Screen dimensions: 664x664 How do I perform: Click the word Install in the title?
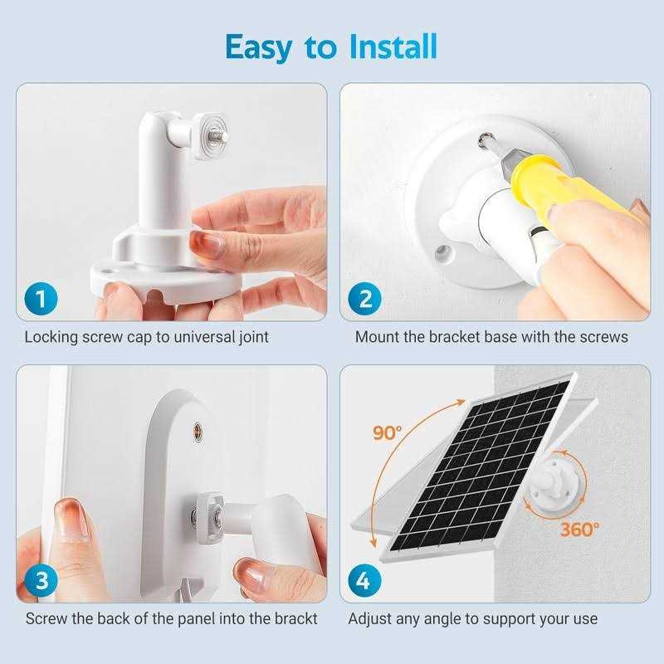tap(393, 46)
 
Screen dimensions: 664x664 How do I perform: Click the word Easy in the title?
tap(259, 48)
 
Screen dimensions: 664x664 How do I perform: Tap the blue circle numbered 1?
tap(41, 299)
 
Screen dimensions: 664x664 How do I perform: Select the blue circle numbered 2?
tap(364, 299)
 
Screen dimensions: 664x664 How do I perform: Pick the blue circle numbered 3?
tap(41, 580)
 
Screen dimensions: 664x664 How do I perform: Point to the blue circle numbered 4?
tap(364, 580)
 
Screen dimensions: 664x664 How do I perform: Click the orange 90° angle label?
tap(387, 432)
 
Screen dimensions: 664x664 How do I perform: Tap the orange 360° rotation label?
tap(579, 530)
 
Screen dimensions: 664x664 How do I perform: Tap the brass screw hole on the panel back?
tap(198, 432)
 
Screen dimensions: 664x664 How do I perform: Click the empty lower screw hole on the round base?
tap(442, 252)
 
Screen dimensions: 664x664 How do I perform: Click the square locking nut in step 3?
tap(209, 517)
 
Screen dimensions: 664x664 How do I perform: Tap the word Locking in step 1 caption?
tap(51, 338)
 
